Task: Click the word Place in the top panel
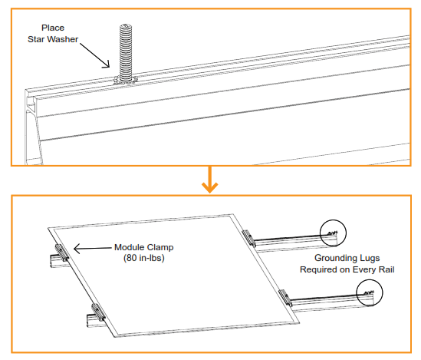tap(53, 28)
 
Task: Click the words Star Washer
tap(53, 39)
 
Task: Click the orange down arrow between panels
tap(209, 185)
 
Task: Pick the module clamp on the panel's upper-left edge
tap(61, 251)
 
